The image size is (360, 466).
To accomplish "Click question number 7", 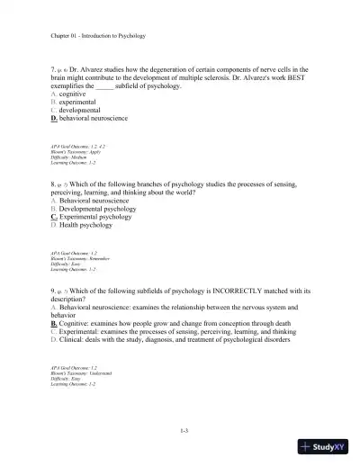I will coord(53,69).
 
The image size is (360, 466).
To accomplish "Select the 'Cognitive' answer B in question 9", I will coord(162,325).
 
